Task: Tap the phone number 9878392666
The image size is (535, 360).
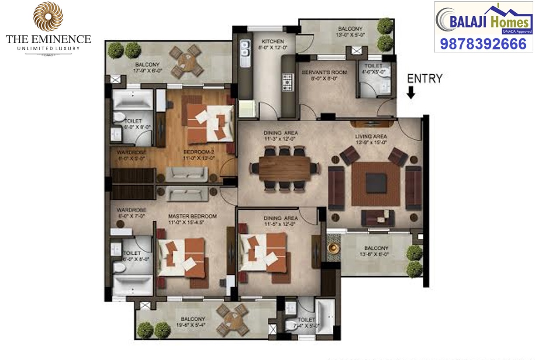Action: pyautogui.click(x=483, y=44)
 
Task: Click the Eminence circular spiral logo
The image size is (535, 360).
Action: pyautogui.click(x=48, y=17)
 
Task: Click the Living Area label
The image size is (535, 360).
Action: pyautogui.click(x=371, y=136)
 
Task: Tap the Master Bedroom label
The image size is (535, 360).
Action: pyautogui.click(x=193, y=216)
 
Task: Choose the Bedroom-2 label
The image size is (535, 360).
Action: pyautogui.click(x=199, y=152)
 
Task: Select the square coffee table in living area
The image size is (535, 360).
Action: pyautogui.click(x=376, y=183)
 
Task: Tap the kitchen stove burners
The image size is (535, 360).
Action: pyautogui.click(x=288, y=82)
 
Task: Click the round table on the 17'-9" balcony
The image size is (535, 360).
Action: pyautogui.click(x=183, y=62)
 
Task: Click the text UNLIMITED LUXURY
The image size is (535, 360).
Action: pyautogui.click(x=48, y=48)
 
